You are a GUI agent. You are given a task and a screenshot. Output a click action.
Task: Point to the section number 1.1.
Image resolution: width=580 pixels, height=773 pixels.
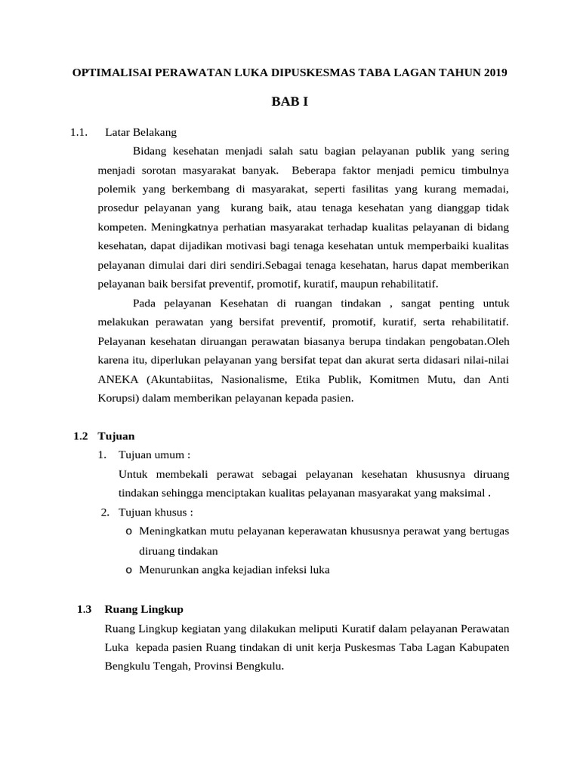[80, 132]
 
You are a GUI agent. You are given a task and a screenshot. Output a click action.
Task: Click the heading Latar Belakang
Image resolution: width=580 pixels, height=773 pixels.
[140, 132]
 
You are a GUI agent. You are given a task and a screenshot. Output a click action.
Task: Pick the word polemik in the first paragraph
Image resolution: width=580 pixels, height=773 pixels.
[116, 188]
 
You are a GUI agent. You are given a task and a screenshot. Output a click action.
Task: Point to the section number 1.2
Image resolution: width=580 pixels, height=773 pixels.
[81, 436]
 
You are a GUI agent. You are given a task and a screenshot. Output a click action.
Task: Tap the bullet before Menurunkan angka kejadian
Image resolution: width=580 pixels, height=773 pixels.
[129, 571]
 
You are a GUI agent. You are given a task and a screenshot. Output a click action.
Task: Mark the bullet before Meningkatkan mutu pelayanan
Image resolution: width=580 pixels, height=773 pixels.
[129, 531]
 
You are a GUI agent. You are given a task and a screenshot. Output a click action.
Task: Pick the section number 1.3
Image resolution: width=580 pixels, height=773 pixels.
[84, 609]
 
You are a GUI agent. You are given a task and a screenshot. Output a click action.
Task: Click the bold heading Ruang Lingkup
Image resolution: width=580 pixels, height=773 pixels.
[143, 609]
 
